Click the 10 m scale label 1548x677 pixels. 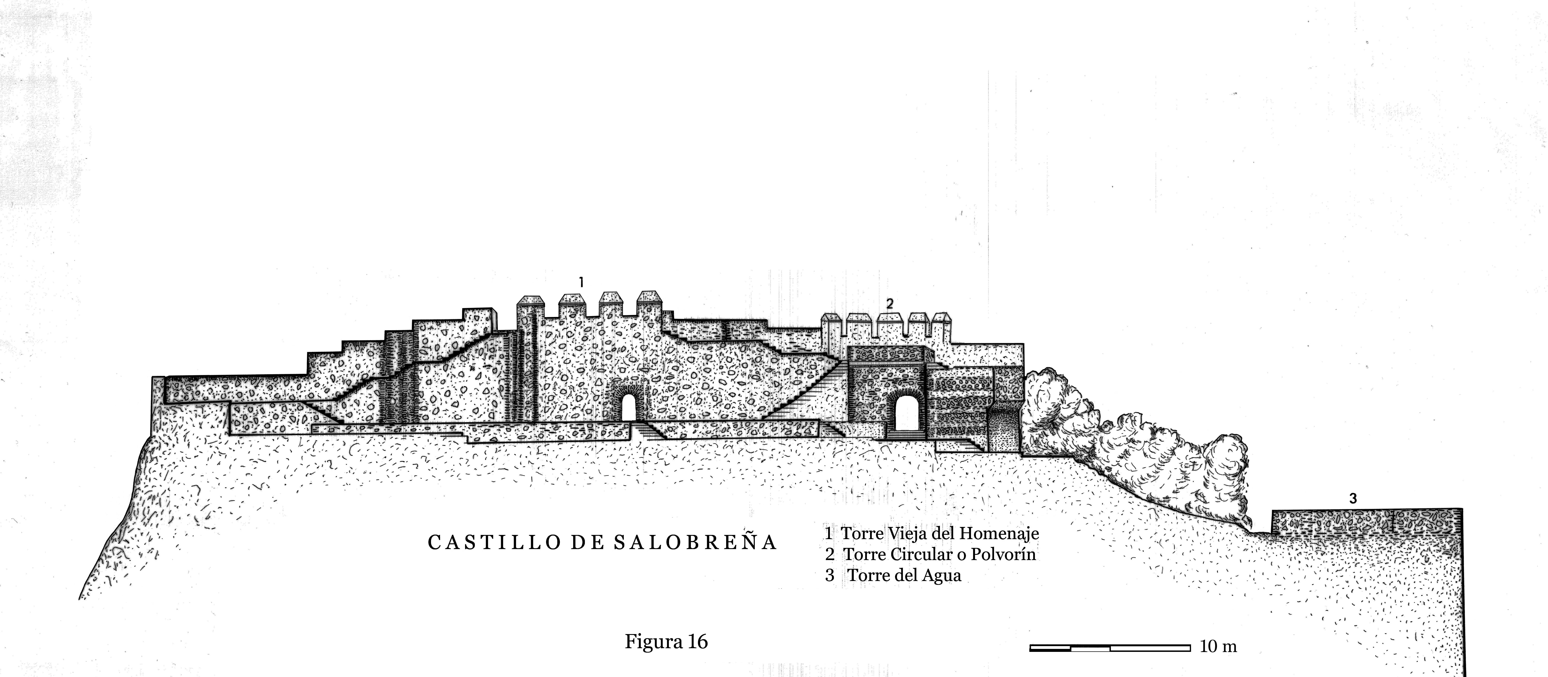click(1218, 647)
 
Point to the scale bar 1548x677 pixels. click(1109, 648)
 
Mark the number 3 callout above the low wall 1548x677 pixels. click(1353, 498)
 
